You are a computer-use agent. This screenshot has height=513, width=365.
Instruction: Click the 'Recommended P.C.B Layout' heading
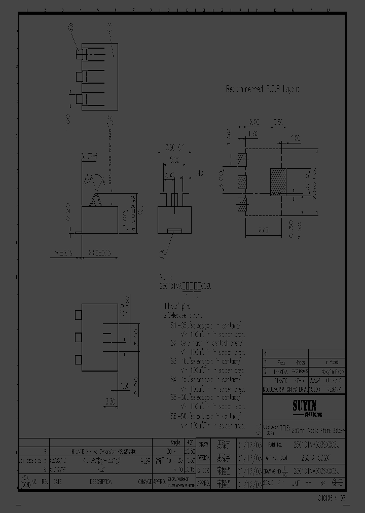click(x=263, y=89)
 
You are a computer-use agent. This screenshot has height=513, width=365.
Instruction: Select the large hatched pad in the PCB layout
click(x=278, y=182)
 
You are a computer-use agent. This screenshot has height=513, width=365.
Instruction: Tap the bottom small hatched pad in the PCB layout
click(x=242, y=205)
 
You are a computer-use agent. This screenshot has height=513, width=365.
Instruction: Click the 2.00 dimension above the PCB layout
click(x=254, y=122)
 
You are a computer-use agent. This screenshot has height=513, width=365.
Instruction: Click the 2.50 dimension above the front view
click(x=169, y=173)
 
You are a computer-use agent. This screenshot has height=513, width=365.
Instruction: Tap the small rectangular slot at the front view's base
click(x=174, y=232)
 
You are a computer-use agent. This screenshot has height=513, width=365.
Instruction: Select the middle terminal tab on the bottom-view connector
click(x=78, y=337)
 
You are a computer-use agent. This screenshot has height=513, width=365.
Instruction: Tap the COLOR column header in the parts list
click(x=314, y=389)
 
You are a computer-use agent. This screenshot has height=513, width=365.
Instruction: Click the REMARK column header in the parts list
click(x=334, y=389)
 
